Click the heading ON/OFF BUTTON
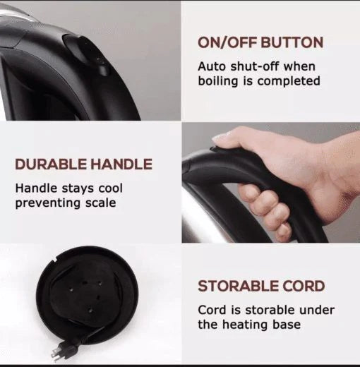[260, 42]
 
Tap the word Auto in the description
[212, 66]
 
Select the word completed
[289, 81]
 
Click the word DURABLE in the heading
[51, 164]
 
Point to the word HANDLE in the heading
[121, 164]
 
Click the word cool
[111, 188]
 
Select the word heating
[245, 325]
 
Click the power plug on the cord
[59, 350]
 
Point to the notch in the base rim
[53, 260]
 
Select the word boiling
[217, 81]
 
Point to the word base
[287, 325]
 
